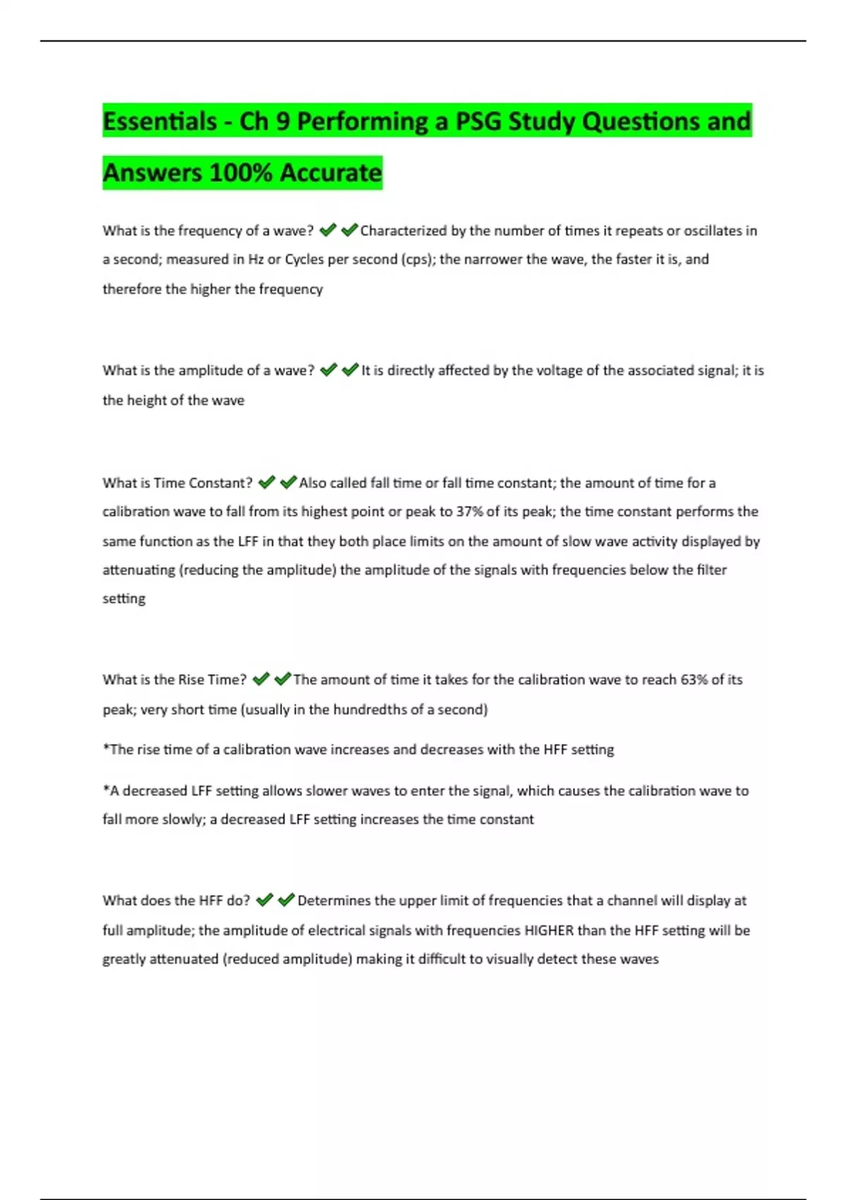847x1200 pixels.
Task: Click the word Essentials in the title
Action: pyautogui.click(x=160, y=121)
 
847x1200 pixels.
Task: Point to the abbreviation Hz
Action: pyautogui.click(x=256, y=260)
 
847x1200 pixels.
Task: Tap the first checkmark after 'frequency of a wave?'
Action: pyautogui.click(x=328, y=230)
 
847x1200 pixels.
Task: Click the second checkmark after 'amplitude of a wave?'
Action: pyautogui.click(x=350, y=370)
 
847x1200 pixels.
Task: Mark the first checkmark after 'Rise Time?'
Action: pyautogui.click(x=260, y=679)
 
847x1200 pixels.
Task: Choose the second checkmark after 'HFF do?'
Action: pyautogui.click(x=286, y=900)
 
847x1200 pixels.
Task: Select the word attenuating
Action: pyautogui.click(x=138, y=570)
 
